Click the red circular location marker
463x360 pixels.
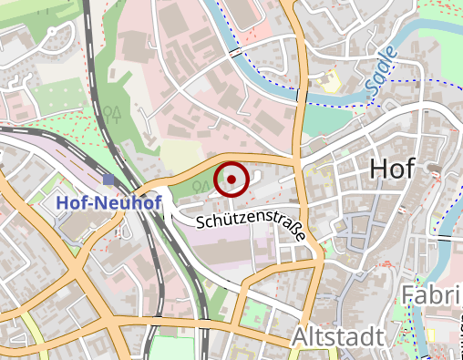(232, 179)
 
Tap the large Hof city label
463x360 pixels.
(392, 169)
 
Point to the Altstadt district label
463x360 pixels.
(337, 337)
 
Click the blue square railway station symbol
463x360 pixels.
(109, 180)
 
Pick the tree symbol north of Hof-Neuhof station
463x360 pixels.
(113, 114)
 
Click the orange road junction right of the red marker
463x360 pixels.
(297, 161)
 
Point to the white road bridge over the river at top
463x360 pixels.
(236, 53)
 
